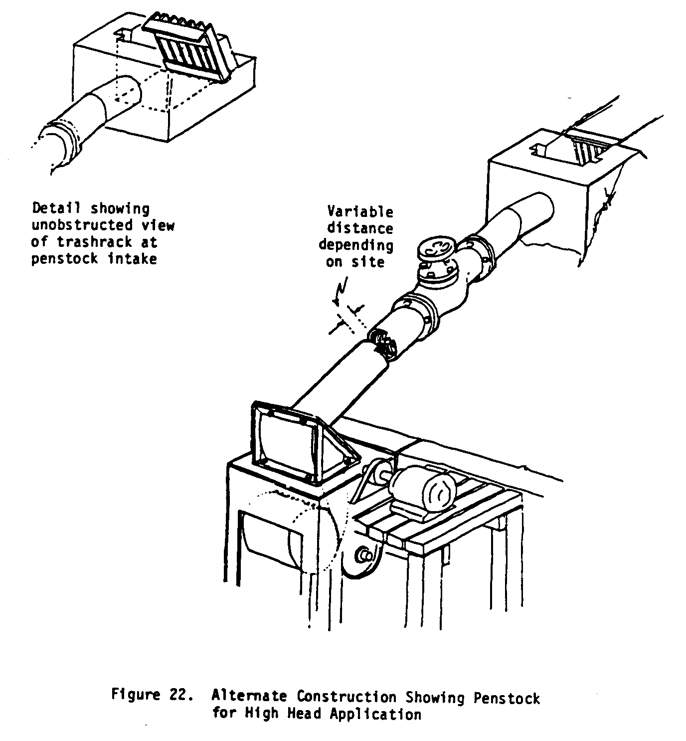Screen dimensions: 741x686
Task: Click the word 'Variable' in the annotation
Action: (x=359, y=211)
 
